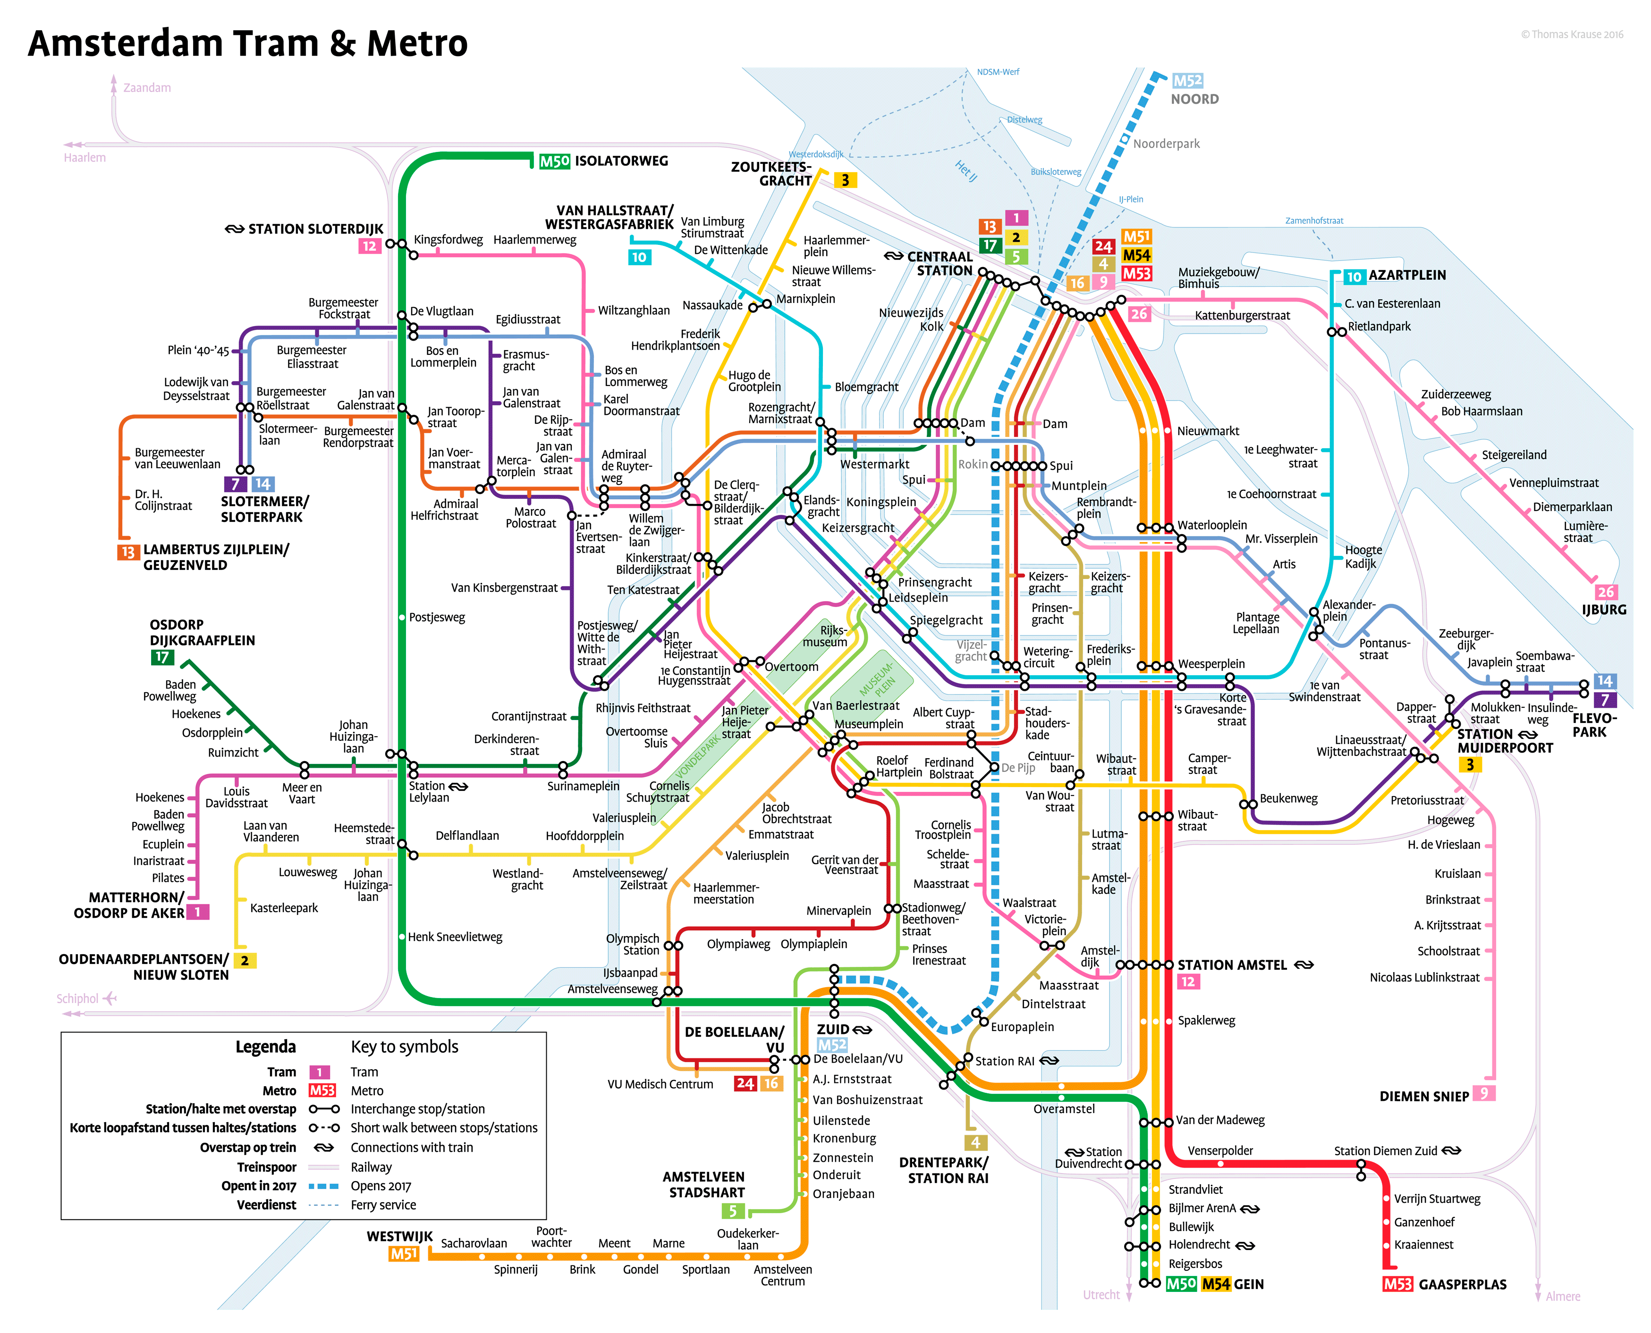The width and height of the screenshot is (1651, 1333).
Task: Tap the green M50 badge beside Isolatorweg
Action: [554, 161]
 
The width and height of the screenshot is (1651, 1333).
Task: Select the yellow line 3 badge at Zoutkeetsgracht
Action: [845, 180]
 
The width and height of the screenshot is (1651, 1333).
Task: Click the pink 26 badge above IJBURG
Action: [1605, 592]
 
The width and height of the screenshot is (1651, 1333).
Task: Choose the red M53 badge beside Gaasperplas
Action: [1397, 1284]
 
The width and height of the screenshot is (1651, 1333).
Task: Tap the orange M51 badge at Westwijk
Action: [403, 1254]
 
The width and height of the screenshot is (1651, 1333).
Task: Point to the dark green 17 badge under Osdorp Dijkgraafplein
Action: [162, 657]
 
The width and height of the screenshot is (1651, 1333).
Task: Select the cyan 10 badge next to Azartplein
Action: [1354, 277]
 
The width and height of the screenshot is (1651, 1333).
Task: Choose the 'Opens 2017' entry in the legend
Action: [380, 1186]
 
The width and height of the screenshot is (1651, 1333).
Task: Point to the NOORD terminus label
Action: [1194, 99]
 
